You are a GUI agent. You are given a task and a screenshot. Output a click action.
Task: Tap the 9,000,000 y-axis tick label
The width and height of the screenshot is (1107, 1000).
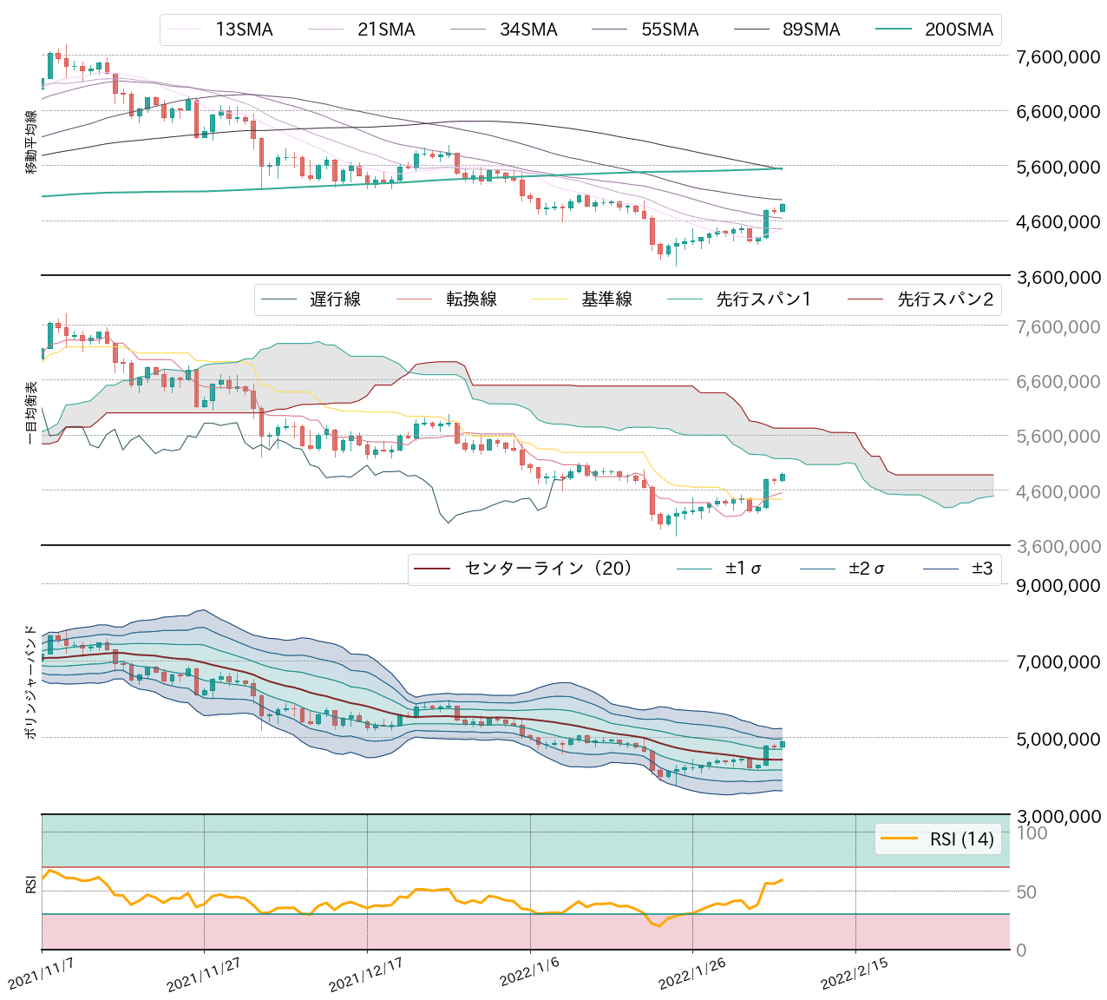click(x=1058, y=586)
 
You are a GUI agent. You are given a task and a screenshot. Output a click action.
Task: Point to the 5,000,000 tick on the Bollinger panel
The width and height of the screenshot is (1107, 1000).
click(x=1058, y=739)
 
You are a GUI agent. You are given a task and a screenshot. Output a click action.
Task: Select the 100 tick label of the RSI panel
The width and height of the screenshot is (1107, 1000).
click(x=1032, y=833)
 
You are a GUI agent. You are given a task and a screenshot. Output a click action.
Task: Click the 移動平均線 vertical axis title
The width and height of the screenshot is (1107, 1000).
click(x=31, y=142)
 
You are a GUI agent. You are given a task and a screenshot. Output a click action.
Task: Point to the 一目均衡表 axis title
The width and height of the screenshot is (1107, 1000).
click(x=31, y=412)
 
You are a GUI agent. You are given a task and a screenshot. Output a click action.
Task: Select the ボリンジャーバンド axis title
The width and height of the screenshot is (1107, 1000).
click(x=31, y=682)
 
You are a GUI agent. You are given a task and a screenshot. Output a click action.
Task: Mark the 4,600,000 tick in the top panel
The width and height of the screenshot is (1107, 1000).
click(x=1058, y=222)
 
